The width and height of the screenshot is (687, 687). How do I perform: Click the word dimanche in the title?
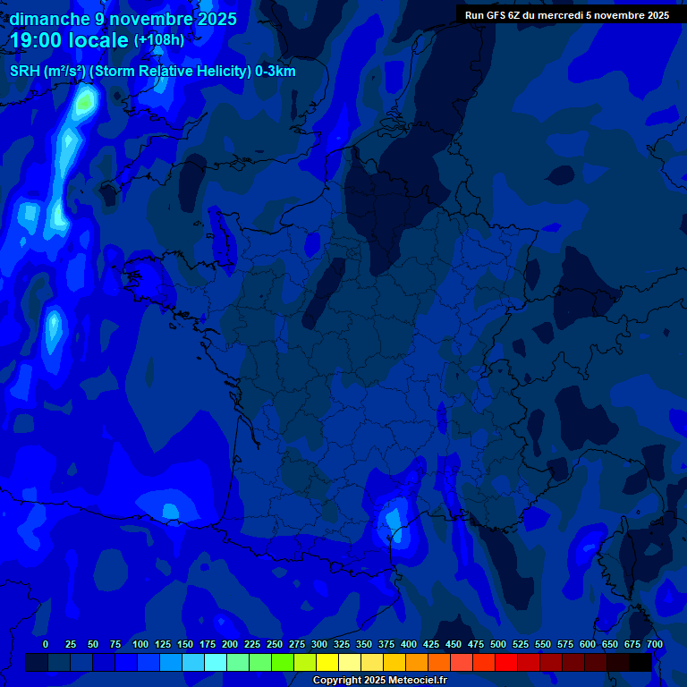point(48,19)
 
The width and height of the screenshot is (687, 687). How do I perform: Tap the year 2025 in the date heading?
point(212,19)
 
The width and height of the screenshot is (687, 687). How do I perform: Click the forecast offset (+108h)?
point(159,40)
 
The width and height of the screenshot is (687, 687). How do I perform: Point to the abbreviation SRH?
point(26,72)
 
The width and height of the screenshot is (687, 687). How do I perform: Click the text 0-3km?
point(276,72)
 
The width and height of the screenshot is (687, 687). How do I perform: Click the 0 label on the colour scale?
point(46,644)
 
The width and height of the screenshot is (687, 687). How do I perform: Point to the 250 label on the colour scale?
point(275,644)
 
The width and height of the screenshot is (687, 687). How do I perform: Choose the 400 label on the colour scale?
point(409,644)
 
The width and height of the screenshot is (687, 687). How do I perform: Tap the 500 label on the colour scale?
point(498,644)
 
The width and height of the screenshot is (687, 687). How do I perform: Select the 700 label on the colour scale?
point(655,644)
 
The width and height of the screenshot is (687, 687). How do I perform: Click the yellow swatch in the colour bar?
point(327,662)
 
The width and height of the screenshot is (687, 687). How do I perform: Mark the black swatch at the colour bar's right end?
point(640,662)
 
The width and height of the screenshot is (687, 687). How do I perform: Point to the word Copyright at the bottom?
point(338,681)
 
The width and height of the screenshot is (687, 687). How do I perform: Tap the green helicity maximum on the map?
point(84,103)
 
